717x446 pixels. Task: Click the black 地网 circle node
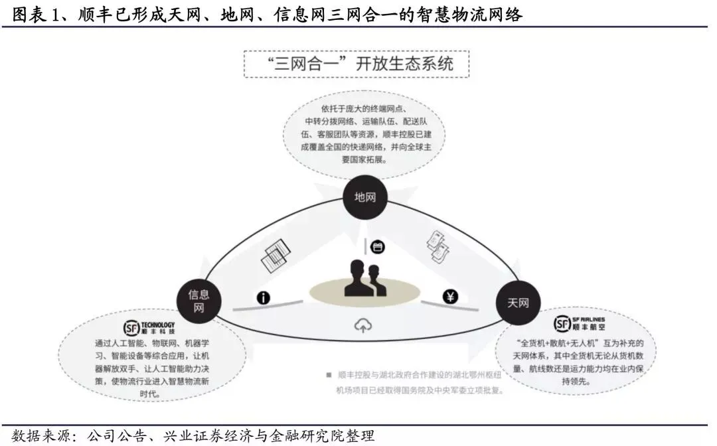(364, 197)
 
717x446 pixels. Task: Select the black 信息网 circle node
(199, 299)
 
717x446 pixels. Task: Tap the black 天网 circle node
(518, 303)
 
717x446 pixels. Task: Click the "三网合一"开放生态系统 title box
(358, 64)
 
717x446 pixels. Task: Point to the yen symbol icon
(451, 297)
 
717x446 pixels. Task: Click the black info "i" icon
(263, 297)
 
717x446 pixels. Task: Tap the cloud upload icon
(362, 326)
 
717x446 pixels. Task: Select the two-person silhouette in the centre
(364, 279)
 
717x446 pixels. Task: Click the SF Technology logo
(149, 327)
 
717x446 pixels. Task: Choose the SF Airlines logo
(578, 324)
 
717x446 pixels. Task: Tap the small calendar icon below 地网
(378, 247)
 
